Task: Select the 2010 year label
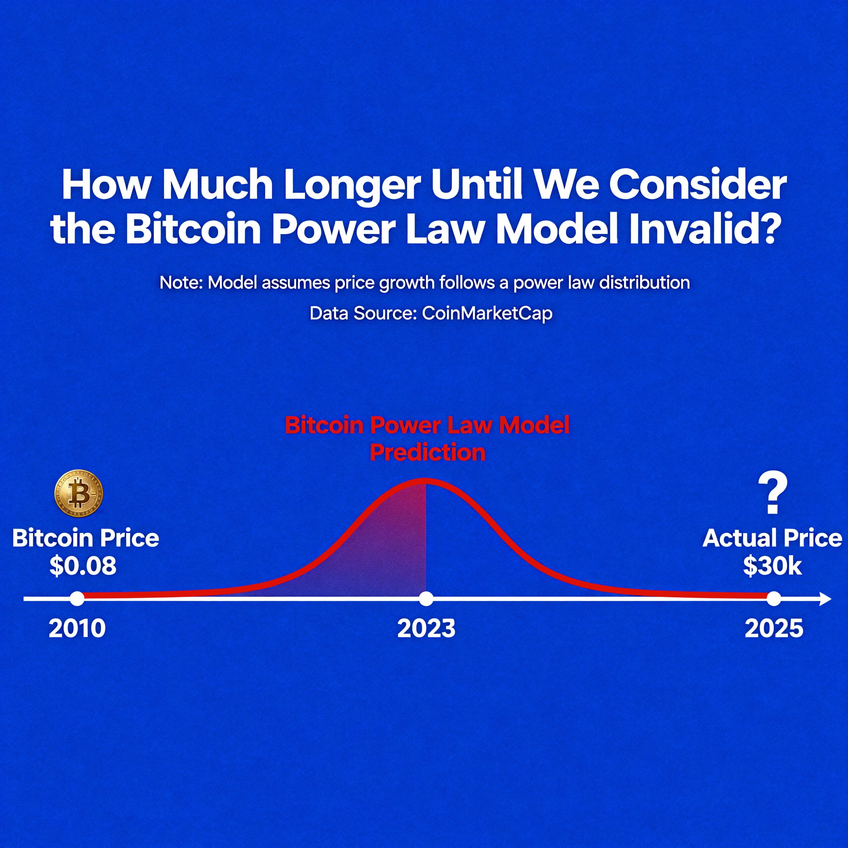77,628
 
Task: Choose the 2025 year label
774,628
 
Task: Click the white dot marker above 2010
77,599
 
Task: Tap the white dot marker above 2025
774,599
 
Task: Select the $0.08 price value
83,566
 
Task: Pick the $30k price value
772,566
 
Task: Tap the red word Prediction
428,452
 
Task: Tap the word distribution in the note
645,282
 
